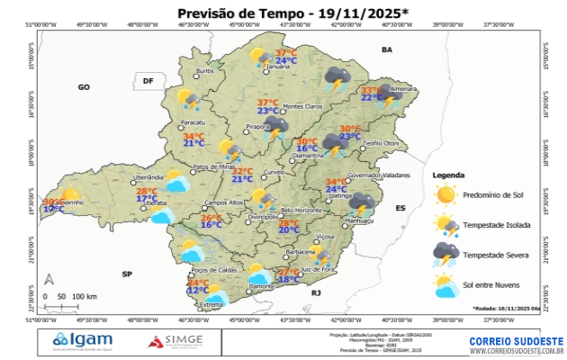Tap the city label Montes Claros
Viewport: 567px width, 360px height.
coord(302,107)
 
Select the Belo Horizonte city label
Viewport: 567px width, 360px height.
coord(301,211)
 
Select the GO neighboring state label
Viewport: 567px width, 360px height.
coord(84,87)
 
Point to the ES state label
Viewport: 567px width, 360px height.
coord(401,208)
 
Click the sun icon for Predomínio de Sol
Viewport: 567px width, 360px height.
coord(445,194)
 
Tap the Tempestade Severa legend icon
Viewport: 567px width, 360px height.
coord(445,255)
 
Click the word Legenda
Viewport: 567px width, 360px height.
coord(448,175)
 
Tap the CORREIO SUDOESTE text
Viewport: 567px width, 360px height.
coord(516,341)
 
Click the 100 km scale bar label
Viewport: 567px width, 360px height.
coord(85,296)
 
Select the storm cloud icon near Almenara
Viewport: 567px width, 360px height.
coord(388,94)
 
